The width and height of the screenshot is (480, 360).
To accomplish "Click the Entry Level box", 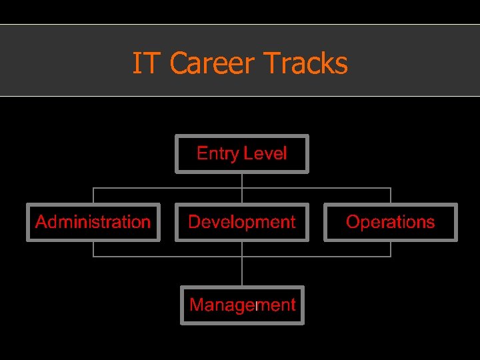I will [241, 154].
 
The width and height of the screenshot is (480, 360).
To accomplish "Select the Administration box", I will [93, 222].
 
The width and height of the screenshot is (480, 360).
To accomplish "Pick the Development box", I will [241, 222].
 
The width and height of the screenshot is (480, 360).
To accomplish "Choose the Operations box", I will [390, 222].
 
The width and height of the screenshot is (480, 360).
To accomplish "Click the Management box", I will [241, 305].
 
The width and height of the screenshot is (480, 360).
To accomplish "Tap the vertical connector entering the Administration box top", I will [93, 195].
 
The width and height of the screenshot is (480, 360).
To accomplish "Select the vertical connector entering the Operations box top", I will [390, 195].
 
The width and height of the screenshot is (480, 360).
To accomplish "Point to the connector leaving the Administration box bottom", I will [93, 248].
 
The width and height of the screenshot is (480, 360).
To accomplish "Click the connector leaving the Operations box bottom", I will [390, 248].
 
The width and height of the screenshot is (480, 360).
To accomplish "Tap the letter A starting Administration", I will [41, 222].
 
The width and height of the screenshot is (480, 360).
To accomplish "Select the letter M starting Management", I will [196, 305].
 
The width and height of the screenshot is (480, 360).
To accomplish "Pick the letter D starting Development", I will [194, 222].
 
